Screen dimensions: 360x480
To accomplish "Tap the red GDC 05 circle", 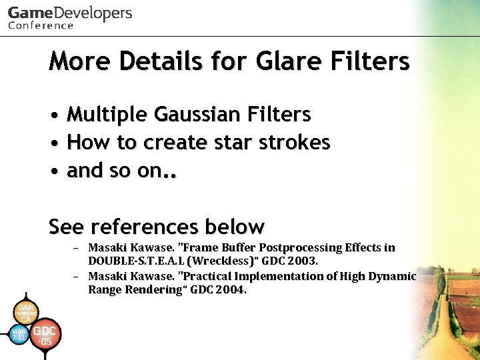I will (x=45, y=335).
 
